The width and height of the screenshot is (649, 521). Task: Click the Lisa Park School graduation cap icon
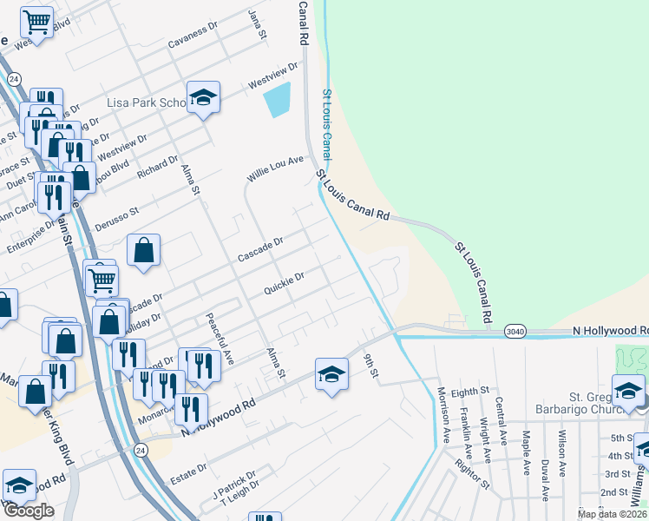202,97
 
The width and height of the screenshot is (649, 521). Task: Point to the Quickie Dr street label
284,285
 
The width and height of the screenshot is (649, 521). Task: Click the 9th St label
371,366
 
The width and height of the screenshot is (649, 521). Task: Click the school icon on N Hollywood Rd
331,374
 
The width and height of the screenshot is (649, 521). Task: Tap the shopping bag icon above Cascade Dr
144,250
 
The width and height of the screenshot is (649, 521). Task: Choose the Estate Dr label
189,467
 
